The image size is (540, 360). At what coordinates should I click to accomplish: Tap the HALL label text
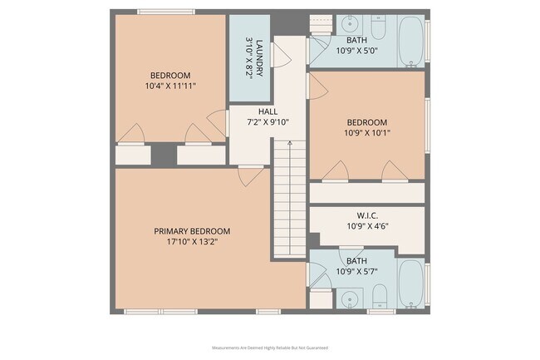pyautogui.click(x=268, y=111)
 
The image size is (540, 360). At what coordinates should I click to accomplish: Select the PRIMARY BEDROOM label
pyautogui.click(x=192, y=231)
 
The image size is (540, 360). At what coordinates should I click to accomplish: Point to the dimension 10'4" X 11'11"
pyautogui.click(x=170, y=85)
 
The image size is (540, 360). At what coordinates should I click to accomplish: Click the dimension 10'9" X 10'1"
pyautogui.click(x=366, y=131)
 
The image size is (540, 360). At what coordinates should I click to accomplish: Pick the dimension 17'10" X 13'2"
pyautogui.click(x=192, y=243)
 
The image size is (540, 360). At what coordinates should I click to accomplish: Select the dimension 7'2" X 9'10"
pyautogui.click(x=268, y=121)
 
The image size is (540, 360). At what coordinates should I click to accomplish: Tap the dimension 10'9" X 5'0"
pyautogui.click(x=356, y=50)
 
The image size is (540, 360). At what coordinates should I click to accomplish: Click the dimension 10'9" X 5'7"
pyautogui.click(x=356, y=271)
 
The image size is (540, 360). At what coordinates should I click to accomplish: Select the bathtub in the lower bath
pyautogui.click(x=410, y=284)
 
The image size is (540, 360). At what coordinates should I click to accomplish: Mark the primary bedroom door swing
pyautogui.click(x=250, y=175)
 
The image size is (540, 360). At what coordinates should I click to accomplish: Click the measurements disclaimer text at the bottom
pyautogui.click(x=270, y=348)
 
